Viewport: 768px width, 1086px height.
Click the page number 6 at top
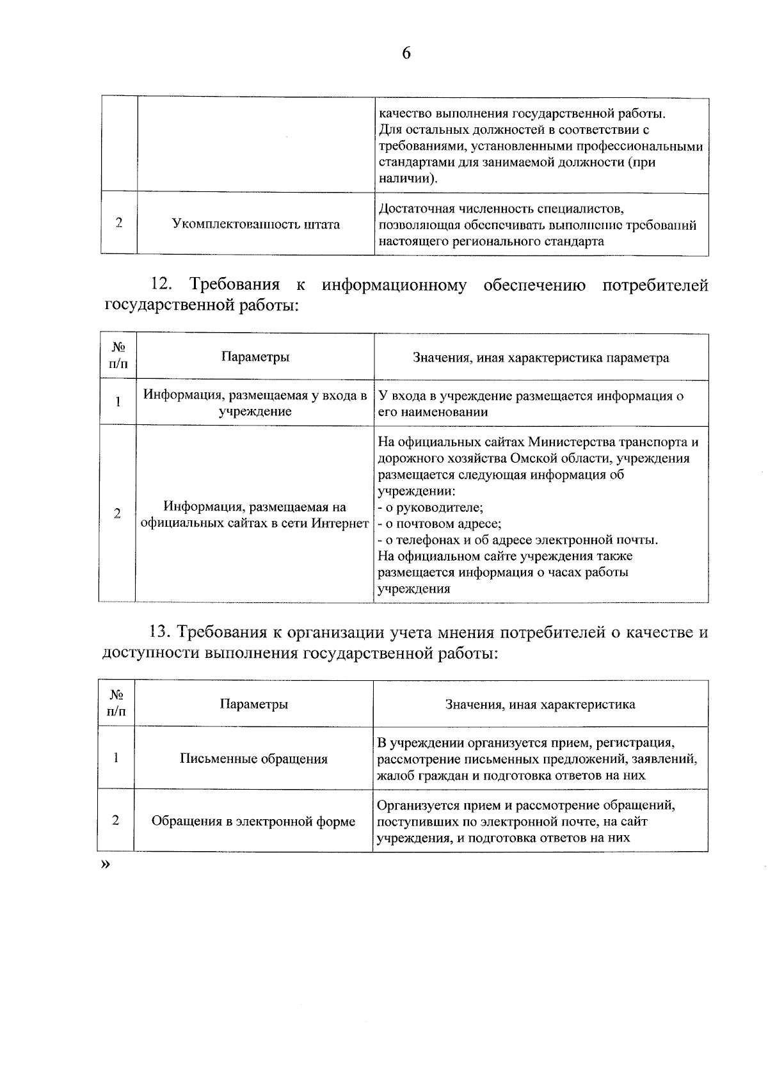(406, 53)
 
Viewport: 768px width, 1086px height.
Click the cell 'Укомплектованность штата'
(256, 224)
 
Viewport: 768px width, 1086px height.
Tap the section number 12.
(162, 285)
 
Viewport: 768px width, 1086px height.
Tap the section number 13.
(160, 632)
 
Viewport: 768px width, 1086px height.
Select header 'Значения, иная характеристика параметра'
(541, 358)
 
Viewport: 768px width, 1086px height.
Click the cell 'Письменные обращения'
(253, 759)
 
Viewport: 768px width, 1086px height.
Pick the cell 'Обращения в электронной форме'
(253, 821)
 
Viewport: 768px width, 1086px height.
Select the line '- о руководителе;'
(430, 507)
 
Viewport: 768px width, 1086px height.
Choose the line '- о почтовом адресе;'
(439, 523)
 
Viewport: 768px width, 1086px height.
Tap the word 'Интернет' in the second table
(340, 523)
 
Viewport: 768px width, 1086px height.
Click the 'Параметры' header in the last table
(253, 704)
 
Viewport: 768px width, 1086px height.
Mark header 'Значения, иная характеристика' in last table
(540, 705)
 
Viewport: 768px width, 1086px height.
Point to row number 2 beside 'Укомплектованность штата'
(119, 223)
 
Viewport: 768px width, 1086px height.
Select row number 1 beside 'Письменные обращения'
(116, 758)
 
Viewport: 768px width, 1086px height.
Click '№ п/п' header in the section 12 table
(118, 356)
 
